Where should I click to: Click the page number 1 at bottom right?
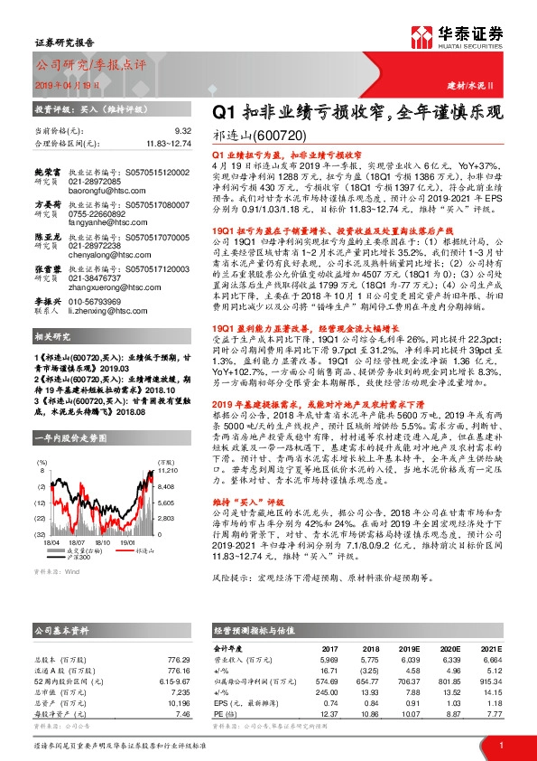click(501, 744)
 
